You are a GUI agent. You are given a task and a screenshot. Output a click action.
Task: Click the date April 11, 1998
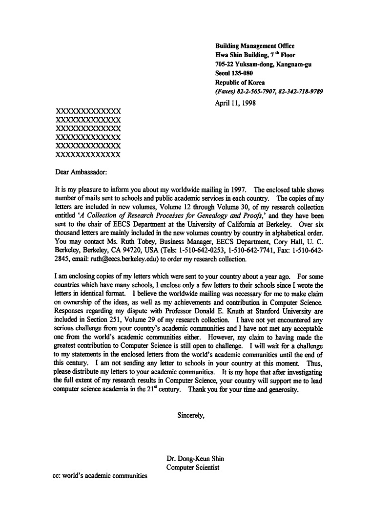click(235, 103)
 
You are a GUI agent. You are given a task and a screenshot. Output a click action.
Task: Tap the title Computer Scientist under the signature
click(193, 468)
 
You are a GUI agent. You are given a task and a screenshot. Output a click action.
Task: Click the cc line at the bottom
click(100, 475)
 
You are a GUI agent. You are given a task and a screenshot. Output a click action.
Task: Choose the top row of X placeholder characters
click(88, 111)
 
